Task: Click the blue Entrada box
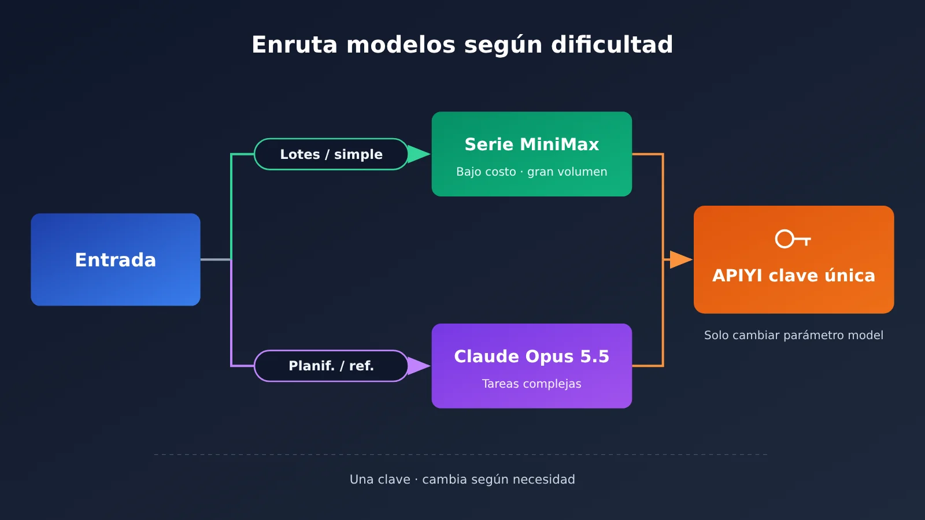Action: [x=116, y=259]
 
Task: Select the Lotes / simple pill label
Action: [x=331, y=154]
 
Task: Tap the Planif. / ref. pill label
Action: [x=331, y=366]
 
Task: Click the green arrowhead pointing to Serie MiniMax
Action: [x=419, y=154]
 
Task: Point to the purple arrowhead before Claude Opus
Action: [x=419, y=366]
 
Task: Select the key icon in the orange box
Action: [x=793, y=239]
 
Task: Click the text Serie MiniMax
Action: [x=532, y=144]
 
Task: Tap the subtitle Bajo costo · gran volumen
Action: [x=532, y=172]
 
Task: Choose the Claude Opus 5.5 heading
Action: [x=532, y=356]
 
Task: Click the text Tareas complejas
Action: [x=532, y=384]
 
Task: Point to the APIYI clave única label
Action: [x=794, y=275]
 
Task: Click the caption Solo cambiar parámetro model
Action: [x=794, y=335]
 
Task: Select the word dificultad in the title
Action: [x=612, y=44]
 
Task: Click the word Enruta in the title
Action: [x=294, y=44]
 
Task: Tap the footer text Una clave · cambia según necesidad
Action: [x=462, y=480]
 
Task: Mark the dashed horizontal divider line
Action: [x=461, y=454]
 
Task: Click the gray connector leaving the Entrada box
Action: [x=216, y=259]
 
